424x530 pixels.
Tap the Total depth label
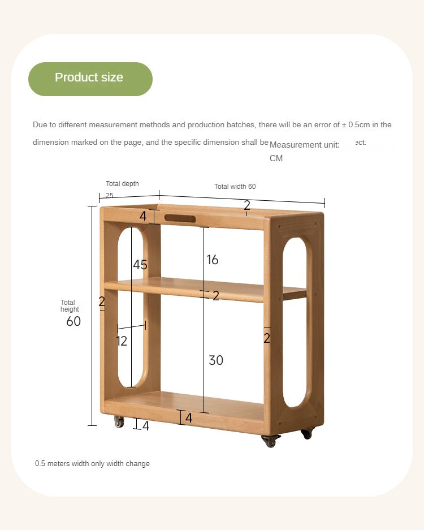coord(122,184)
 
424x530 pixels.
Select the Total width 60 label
coord(235,187)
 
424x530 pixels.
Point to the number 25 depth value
coord(109,196)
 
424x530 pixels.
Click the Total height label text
coord(70,306)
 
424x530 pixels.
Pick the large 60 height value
coord(73,321)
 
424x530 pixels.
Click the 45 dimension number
coord(140,265)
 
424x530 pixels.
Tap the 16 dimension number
coord(212,260)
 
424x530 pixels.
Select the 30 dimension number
coord(216,360)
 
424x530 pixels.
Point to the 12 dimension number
coord(122,341)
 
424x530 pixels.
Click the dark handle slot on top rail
coord(180,218)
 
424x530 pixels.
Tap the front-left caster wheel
coord(119,421)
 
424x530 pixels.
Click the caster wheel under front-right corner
coord(271,441)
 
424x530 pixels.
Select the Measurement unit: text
coord(304,145)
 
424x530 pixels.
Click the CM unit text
coord(276,158)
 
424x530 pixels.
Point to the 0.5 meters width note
coord(92,464)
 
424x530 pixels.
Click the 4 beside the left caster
coord(146,426)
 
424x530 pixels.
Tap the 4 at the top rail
coord(143,217)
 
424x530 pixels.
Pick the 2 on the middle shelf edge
coord(215,295)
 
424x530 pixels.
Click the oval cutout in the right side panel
coord(295,322)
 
